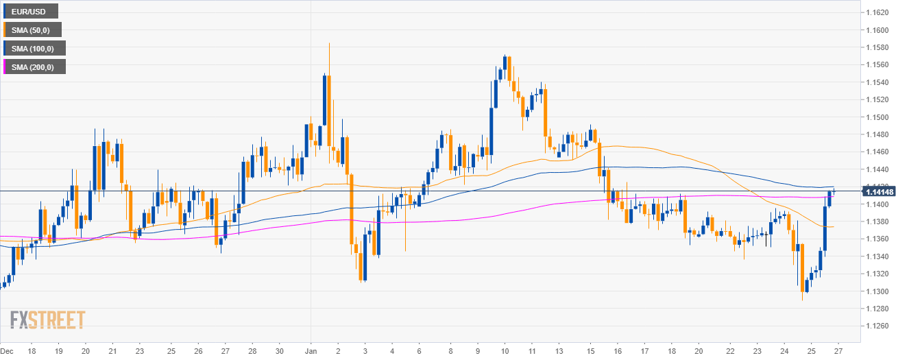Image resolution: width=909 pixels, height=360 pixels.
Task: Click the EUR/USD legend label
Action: [x=31, y=12]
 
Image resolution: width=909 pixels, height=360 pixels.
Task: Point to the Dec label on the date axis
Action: [x=8, y=351]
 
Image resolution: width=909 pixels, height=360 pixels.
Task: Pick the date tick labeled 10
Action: [x=506, y=351]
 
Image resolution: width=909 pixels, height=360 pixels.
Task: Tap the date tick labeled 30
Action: [x=279, y=351]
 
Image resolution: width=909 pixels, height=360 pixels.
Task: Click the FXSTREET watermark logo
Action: [x=48, y=320]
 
